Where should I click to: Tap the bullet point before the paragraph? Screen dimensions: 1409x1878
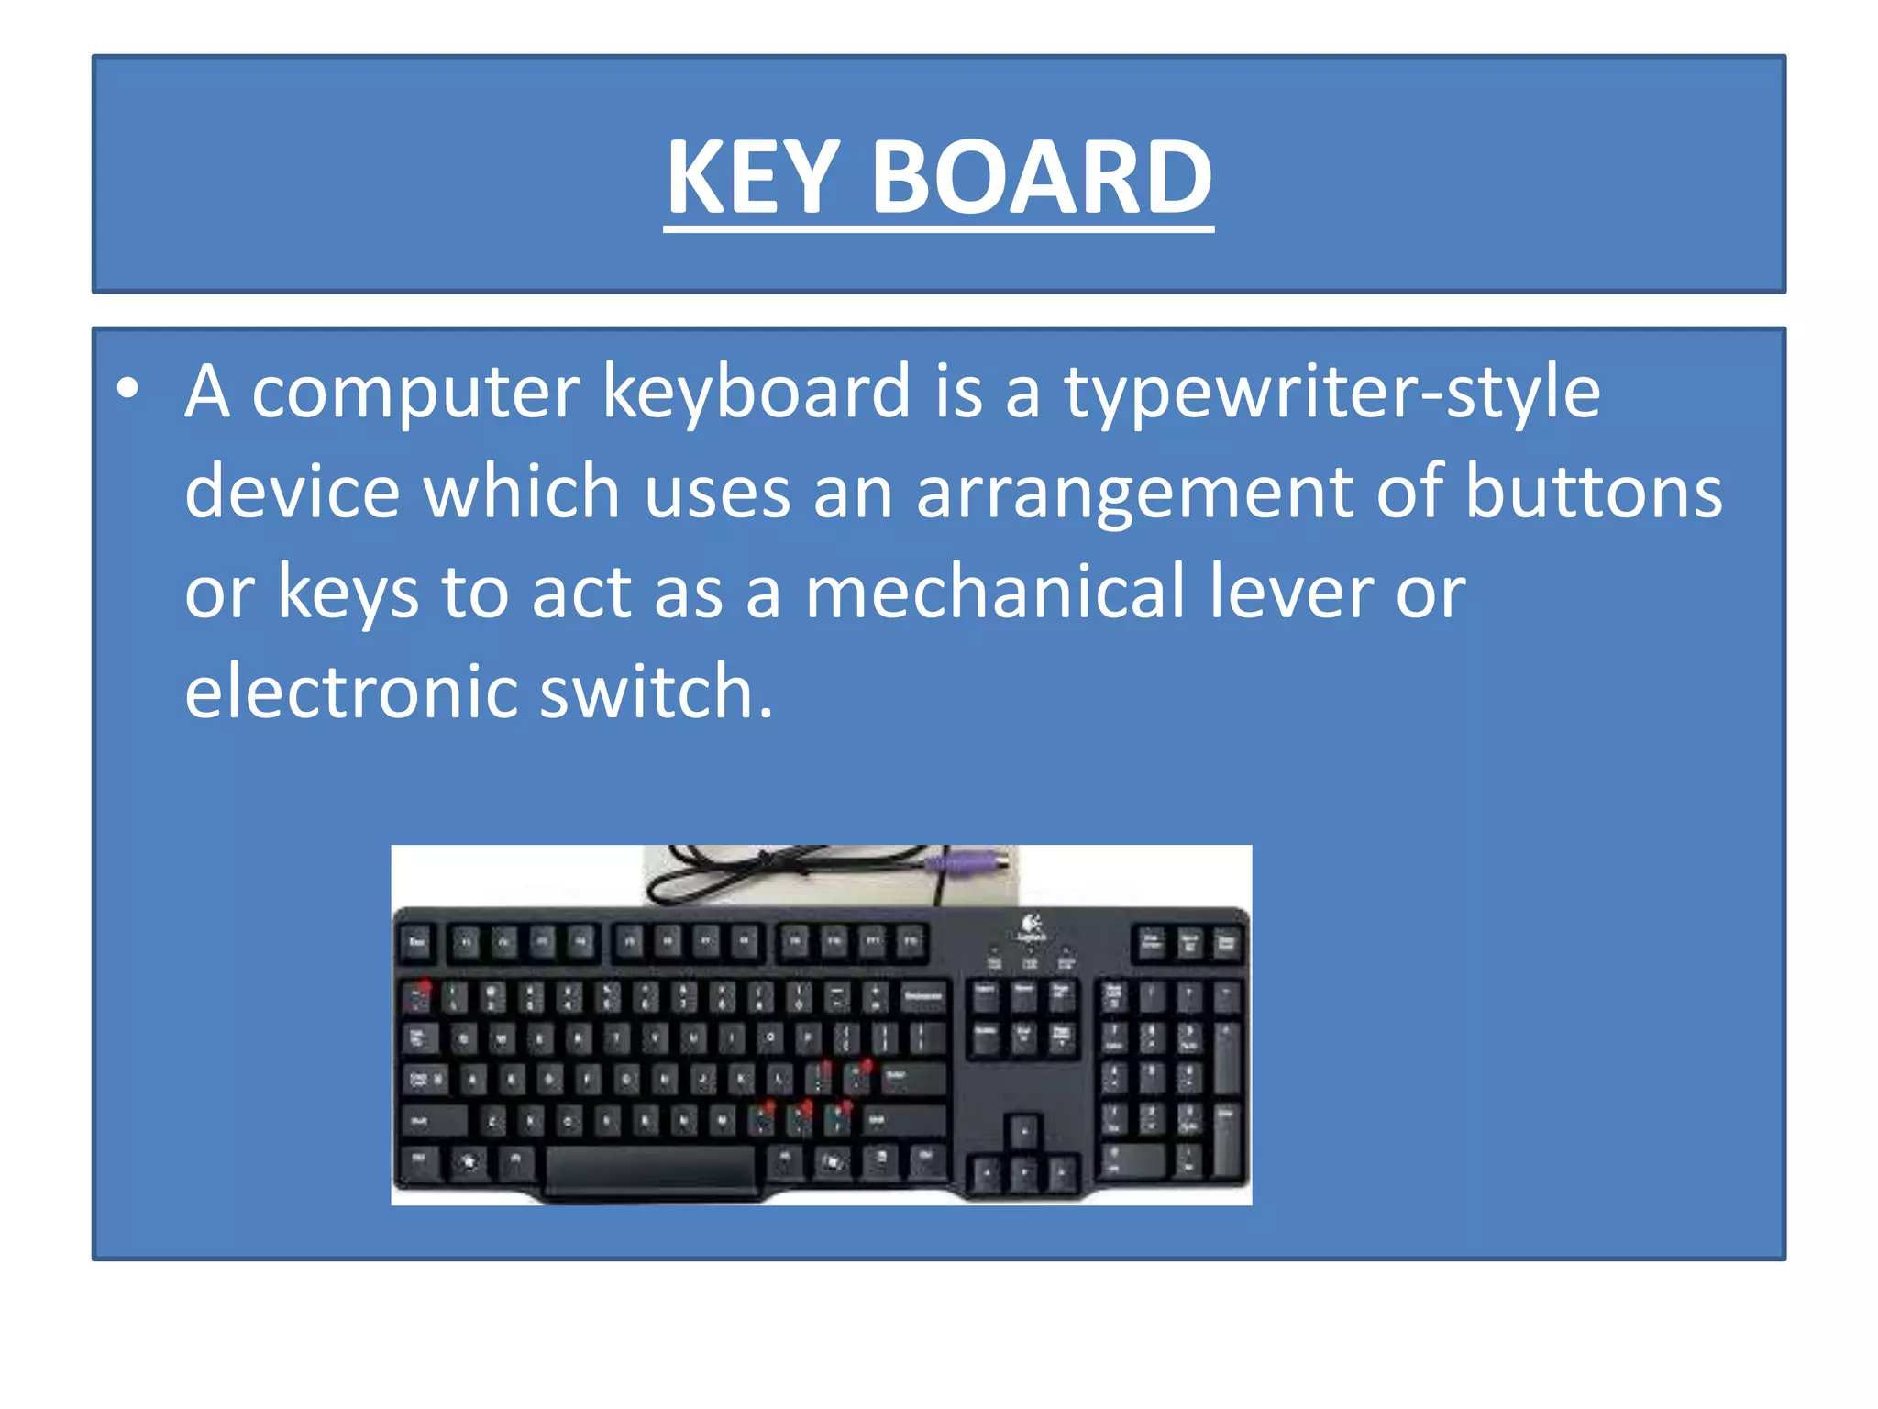(x=127, y=389)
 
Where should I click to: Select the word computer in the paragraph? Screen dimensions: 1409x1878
(x=415, y=393)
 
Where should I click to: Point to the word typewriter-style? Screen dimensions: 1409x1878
(x=1331, y=393)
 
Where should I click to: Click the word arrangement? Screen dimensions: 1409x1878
(x=1134, y=494)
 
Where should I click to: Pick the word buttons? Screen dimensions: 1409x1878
(x=1593, y=492)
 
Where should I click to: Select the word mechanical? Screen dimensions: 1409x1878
(x=994, y=593)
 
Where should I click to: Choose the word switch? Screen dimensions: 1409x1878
(x=655, y=692)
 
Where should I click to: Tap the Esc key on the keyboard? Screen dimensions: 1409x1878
(x=417, y=942)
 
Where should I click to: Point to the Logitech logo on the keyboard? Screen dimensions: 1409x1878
(x=1030, y=926)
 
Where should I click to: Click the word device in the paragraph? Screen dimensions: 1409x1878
(x=292, y=494)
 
